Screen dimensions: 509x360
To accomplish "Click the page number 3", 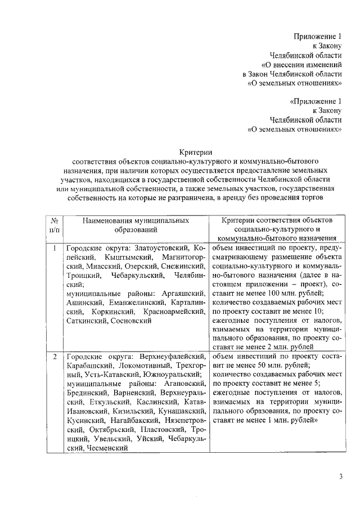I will [x=340, y=478].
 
